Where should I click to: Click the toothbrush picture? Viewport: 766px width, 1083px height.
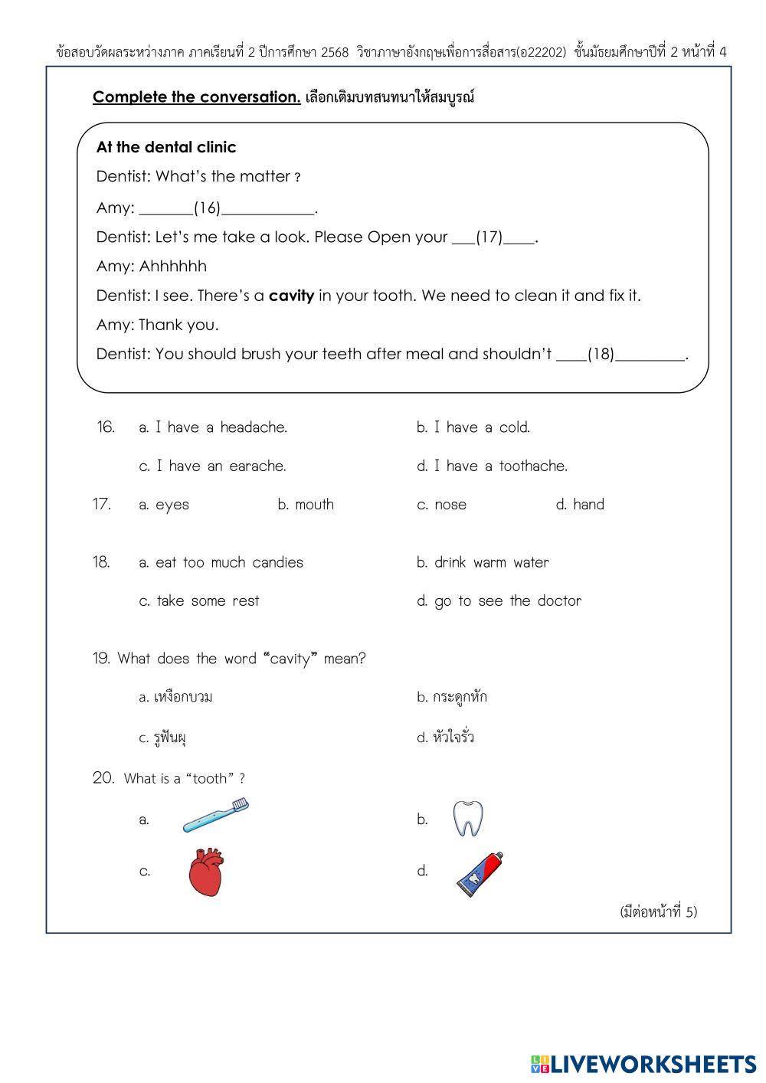coord(217,816)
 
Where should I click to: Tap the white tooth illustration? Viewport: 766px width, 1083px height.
coord(467,819)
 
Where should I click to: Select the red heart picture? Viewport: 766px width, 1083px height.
coord(206,872)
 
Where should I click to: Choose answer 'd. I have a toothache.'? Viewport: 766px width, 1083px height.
coord(492,466)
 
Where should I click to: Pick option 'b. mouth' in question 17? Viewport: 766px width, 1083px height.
coord(306,504)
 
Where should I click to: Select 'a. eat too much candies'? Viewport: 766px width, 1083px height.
coord(221,562)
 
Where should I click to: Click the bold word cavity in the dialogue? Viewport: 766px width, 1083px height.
coord(291,296)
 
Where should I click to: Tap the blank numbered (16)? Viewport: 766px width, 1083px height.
coord(207,208)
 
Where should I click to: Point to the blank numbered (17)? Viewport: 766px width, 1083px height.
coord(489,237)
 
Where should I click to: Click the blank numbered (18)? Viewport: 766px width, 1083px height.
coord(601,354)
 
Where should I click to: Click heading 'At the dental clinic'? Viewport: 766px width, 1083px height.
coord(166,147)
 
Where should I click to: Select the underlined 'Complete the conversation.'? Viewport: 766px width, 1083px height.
coord(197,97)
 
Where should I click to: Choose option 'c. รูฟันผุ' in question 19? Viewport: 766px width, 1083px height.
coord(163,738)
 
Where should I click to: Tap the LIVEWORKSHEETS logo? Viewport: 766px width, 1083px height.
coord(643,1064)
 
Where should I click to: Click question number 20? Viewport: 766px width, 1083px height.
coord(103,778)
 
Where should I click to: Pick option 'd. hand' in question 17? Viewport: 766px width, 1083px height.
coord(580,504)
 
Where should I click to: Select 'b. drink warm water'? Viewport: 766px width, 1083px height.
coord(483,562)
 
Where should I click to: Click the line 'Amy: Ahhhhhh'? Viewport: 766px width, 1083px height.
coord(152,267)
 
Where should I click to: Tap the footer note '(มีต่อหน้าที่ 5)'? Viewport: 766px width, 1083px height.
coord(658,911)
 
